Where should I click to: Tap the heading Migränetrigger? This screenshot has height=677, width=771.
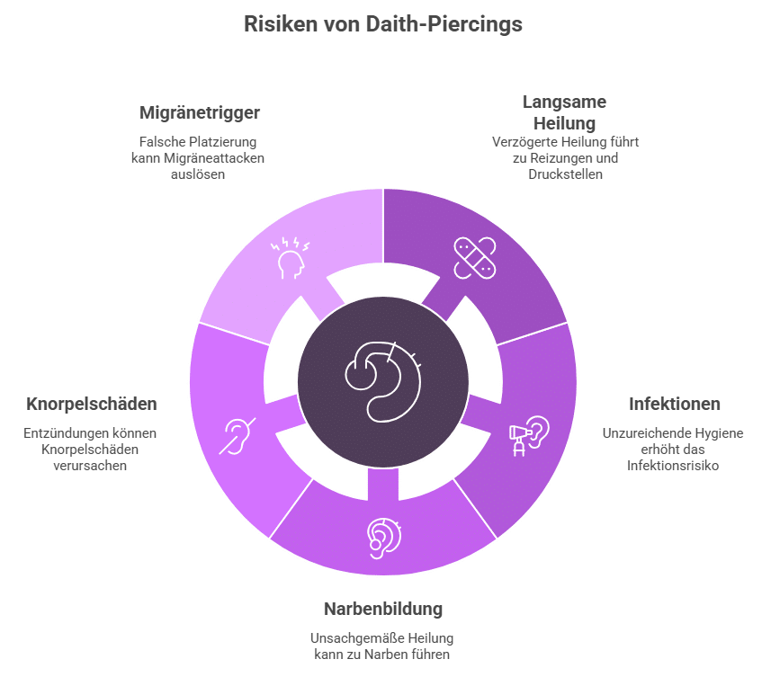(x=200, y=112)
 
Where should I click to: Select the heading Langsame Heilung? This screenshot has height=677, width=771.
(x=564, y=111)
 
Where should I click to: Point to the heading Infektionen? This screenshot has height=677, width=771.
(x=662, y=404)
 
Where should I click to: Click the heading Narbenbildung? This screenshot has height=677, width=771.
(x=383, y=609)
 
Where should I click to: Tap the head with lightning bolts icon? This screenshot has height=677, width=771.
(x=291, y=256)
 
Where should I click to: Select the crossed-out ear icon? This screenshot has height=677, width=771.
(x=238, y=435)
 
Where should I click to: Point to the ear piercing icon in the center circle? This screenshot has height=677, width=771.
(x=383, y=379)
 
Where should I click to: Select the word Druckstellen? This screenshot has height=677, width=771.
(x=565, y=174)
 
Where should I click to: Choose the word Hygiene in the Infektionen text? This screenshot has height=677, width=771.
(x=718, y=433)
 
